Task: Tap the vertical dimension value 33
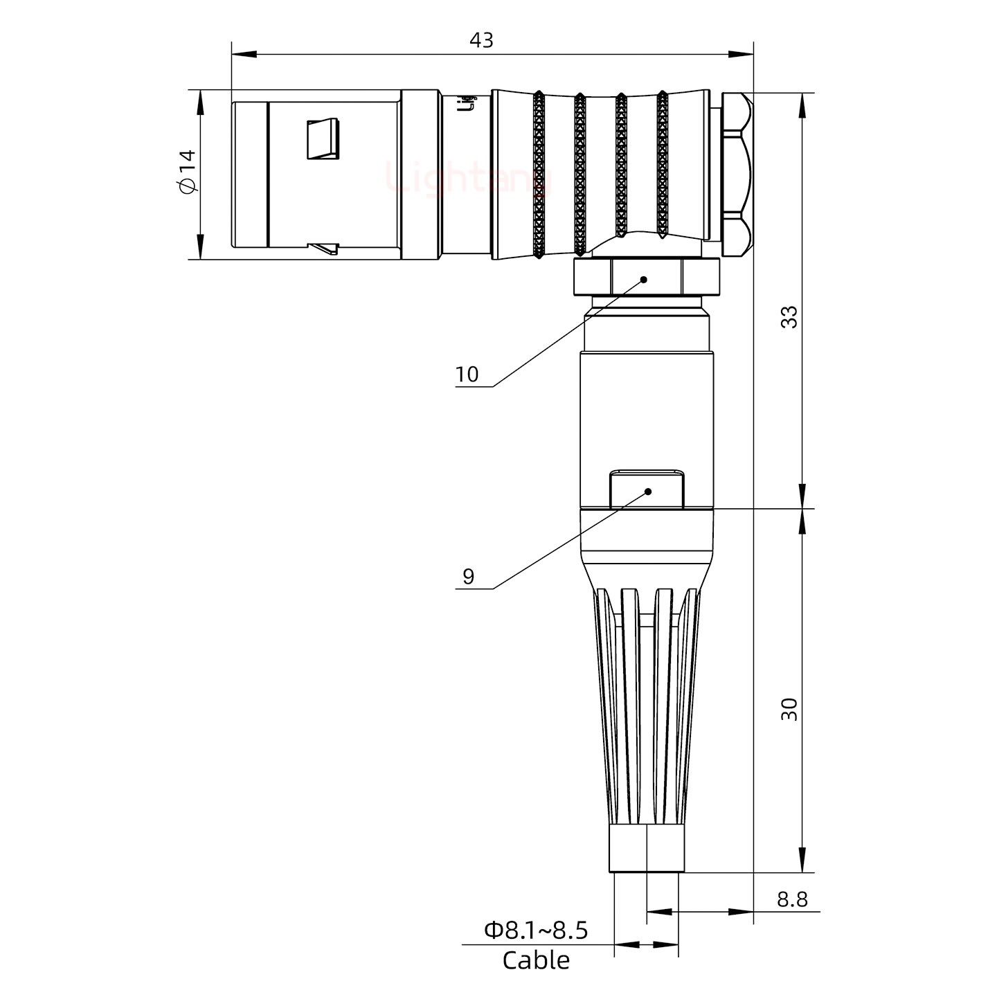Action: (x=789, y=316)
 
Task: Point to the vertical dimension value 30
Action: (x=789, y=709)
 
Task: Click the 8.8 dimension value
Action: (x=792, y=899)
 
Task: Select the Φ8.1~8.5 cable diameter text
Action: (x=536, y=931)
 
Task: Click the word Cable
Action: (x=536, y=961)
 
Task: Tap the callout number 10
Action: (x=467, y=375)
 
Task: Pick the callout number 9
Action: (x=469, y=577)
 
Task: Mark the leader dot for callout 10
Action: (x=644, y=280)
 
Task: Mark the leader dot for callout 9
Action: (x=649, y=492)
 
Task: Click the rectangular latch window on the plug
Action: (x=323, y=139)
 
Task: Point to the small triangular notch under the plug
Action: (x=323, y=248)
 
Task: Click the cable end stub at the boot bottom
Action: (x=647, y=849)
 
